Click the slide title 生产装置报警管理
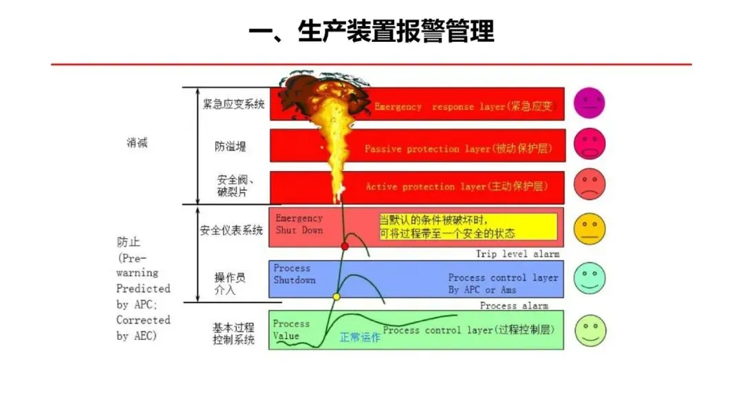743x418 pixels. pyautogui.click(x=371, y=32)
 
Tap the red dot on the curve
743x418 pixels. pyautogui.click(x=345, y=245)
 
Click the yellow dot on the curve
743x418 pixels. pyautogui.click(x=336, y=297)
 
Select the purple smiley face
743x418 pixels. pyautogui.click(x=590, y=103)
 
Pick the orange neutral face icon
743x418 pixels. pyautogui.click(x=590, y=229)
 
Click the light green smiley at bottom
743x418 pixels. pyautogui.click(x=590, y=330)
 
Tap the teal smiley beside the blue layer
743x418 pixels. pyautogui.click(x=590, y=278)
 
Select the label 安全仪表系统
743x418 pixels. pyautogui.click(x=232, y=230)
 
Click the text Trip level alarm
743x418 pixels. pyautogui.click(x=517, y=254)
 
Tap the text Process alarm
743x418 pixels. pyautogui.click(x=514, y=305)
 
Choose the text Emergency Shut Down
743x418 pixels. pyautogui.click(x=299, y=224)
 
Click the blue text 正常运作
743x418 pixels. pyautogui.click(x=360, y=338)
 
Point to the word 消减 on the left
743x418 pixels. pyautogui.click(x=137, y=143)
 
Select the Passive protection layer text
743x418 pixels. pyautogui.click(x=458, y=148)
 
